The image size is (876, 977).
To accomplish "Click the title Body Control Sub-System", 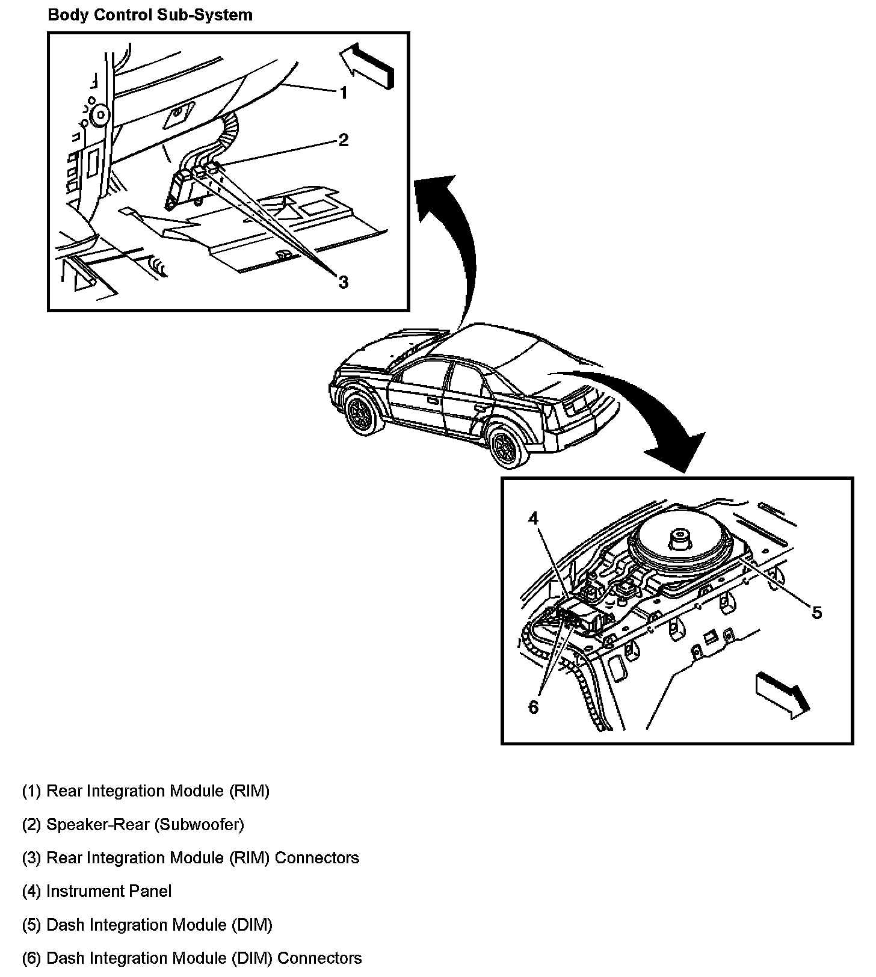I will coord(150,15).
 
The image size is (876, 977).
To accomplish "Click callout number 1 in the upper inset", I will coord(343,93).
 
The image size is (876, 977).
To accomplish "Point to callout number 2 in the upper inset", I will coord(343,140).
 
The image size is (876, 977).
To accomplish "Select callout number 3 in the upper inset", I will coord(343,282).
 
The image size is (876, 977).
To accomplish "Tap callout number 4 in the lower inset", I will coord(534,519).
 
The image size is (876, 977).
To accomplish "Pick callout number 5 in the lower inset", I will coord(816,612).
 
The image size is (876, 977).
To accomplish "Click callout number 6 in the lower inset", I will coord(534,707).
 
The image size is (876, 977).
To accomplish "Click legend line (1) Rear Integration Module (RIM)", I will coord(146,791).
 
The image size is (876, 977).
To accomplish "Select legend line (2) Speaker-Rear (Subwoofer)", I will coord(133,824).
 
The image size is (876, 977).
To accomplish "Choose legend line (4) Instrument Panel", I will coord(97,891).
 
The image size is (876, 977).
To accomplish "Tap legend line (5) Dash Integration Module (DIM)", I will coord(147,925).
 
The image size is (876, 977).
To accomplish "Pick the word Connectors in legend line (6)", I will coord(319,958).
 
